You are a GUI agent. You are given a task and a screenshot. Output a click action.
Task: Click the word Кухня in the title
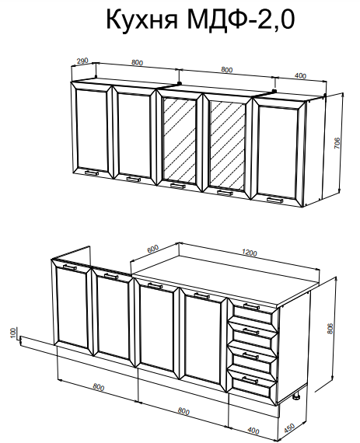pos(142,19)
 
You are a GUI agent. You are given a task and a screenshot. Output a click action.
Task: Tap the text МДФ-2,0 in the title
pos(240,19)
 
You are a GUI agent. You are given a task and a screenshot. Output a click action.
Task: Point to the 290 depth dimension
pos(82,61)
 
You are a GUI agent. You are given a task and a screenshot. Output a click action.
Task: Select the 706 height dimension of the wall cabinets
pos(337,143)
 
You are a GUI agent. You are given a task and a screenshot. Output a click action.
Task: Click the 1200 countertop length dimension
pos(250,253)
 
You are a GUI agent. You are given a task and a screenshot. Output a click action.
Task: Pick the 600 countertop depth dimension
pos(153,249)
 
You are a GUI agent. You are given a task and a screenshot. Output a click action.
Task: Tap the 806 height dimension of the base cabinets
pos(330,328)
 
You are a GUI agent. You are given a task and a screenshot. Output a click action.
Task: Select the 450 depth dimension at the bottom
pos(288,428)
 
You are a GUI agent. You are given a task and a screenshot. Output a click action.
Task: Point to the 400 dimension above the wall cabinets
pos(300,75)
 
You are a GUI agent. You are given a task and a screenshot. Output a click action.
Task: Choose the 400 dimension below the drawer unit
pos(253,431)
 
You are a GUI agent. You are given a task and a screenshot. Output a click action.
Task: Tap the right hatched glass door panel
pos(227,145)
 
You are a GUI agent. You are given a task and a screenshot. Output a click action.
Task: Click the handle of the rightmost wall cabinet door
pos(275,200)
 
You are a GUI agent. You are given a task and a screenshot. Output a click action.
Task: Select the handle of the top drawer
pos(251,307)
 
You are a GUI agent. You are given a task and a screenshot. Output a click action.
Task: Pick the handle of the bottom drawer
pos(250,380)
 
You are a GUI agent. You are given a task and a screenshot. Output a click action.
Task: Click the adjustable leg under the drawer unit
pos(296,397)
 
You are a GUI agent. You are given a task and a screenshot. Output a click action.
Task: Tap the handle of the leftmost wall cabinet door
pos(92,173)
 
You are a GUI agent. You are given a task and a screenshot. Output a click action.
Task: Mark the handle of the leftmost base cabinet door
pos(70,267)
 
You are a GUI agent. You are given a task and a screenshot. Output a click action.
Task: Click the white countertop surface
pos(226,280)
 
